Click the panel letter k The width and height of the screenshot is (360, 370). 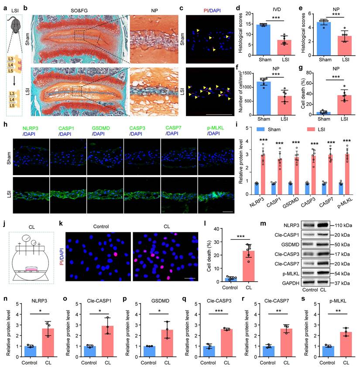(61, 225)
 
